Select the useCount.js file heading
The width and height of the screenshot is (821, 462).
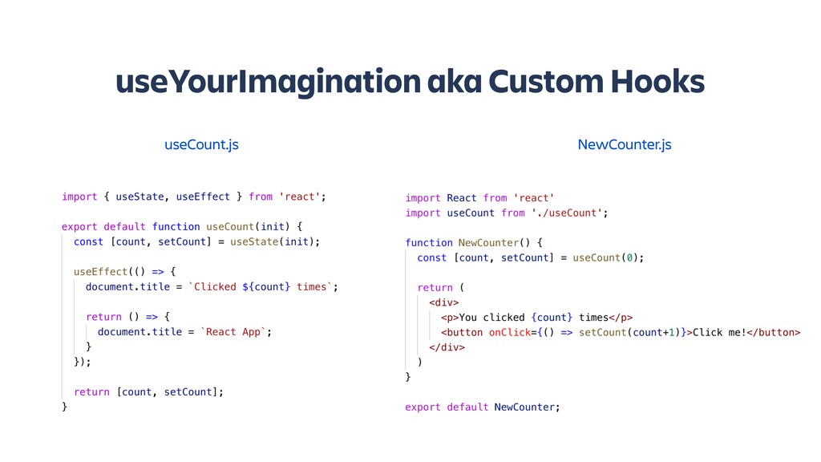click(201, 145)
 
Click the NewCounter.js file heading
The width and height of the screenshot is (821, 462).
click(625, 145)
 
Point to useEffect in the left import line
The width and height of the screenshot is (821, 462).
click(204, 197)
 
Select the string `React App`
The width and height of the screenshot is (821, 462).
click(233, 332)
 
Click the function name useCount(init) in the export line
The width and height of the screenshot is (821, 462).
click(252, 226)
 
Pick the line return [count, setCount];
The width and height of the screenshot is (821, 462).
click(148, 392)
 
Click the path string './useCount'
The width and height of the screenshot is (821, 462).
click(565, 213)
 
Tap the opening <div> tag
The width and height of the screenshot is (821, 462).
click(443, 302)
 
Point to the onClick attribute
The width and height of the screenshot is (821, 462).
click(509, 332)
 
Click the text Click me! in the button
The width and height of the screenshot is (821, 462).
click(718, 332)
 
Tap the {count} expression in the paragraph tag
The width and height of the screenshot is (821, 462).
click(551, 318)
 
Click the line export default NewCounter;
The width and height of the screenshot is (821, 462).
click(483, 407)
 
